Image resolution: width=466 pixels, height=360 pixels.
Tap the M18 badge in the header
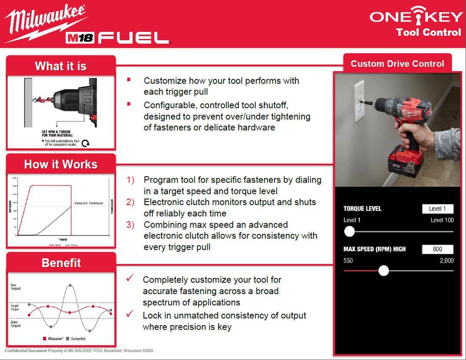click(80, 38)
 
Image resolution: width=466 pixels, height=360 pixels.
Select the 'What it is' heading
click(61, 66)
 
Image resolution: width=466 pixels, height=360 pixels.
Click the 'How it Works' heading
click(61, 164)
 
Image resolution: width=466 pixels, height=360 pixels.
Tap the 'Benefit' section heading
click(61, 263)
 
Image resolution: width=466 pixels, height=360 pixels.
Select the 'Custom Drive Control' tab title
click(397, 64)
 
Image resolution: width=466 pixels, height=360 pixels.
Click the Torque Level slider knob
click(349, 231)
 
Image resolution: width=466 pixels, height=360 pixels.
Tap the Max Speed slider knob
click(383, 271)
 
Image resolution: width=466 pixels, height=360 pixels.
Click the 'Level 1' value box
click(437, 209)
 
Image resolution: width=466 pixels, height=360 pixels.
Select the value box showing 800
click(437, 249)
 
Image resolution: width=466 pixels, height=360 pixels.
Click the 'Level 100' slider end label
click(442, 220)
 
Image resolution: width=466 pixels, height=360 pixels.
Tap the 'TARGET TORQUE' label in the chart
click(89, 203)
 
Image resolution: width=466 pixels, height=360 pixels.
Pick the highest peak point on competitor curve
click(70, 285)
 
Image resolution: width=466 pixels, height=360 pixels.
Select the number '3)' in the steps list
click(130, 224)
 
